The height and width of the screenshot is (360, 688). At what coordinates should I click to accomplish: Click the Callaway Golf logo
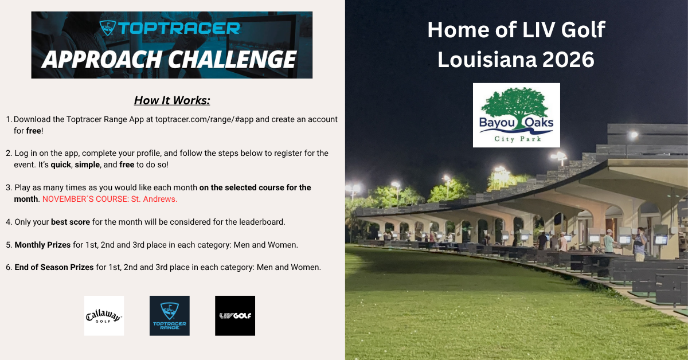point(104,315)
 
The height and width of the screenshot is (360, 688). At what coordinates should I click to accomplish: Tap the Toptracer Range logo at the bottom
point(170,315)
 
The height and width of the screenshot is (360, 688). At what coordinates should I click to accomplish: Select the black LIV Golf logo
point(235,315)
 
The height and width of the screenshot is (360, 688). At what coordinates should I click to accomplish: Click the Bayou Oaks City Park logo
point(517,115)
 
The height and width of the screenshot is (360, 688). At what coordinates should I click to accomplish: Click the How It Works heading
point(172,100)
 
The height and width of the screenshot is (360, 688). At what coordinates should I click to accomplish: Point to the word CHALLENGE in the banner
point(232,59)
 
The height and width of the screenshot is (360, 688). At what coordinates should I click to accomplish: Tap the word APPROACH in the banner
point(101,59)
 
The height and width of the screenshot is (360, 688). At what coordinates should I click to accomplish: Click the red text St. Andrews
point(154,199)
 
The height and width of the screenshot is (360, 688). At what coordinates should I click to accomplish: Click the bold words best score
point(71,222)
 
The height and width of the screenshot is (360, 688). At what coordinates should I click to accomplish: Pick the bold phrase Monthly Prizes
point(42,245)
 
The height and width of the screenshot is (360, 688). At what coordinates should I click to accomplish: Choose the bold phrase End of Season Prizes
point(54,267)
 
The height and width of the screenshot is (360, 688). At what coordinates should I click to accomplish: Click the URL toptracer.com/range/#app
point(204,119)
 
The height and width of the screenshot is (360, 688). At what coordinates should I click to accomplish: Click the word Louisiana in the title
point(487,60)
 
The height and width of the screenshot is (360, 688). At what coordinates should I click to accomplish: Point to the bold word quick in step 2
point(61,165)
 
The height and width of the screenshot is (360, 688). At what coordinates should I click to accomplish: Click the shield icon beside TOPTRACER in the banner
point(108,28)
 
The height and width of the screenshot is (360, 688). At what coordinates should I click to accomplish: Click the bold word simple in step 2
point(87,165)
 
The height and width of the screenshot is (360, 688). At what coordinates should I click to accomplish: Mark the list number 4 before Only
point(8,222)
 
